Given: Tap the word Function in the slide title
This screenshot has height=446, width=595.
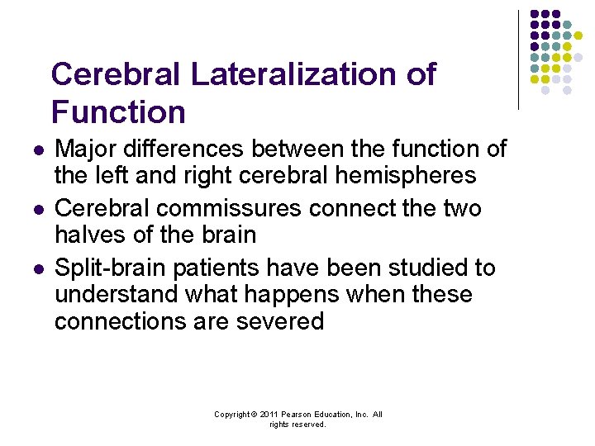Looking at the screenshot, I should click(x=118, y=111).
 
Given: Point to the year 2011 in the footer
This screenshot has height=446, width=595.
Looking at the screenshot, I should click(x=268, y=415).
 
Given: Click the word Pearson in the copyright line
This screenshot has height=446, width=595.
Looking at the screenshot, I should click(x=295, y=415).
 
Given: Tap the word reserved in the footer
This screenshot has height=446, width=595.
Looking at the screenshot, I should click(x=310, y=425).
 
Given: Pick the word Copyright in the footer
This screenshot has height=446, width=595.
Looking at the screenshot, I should click(x=231, y=415).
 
